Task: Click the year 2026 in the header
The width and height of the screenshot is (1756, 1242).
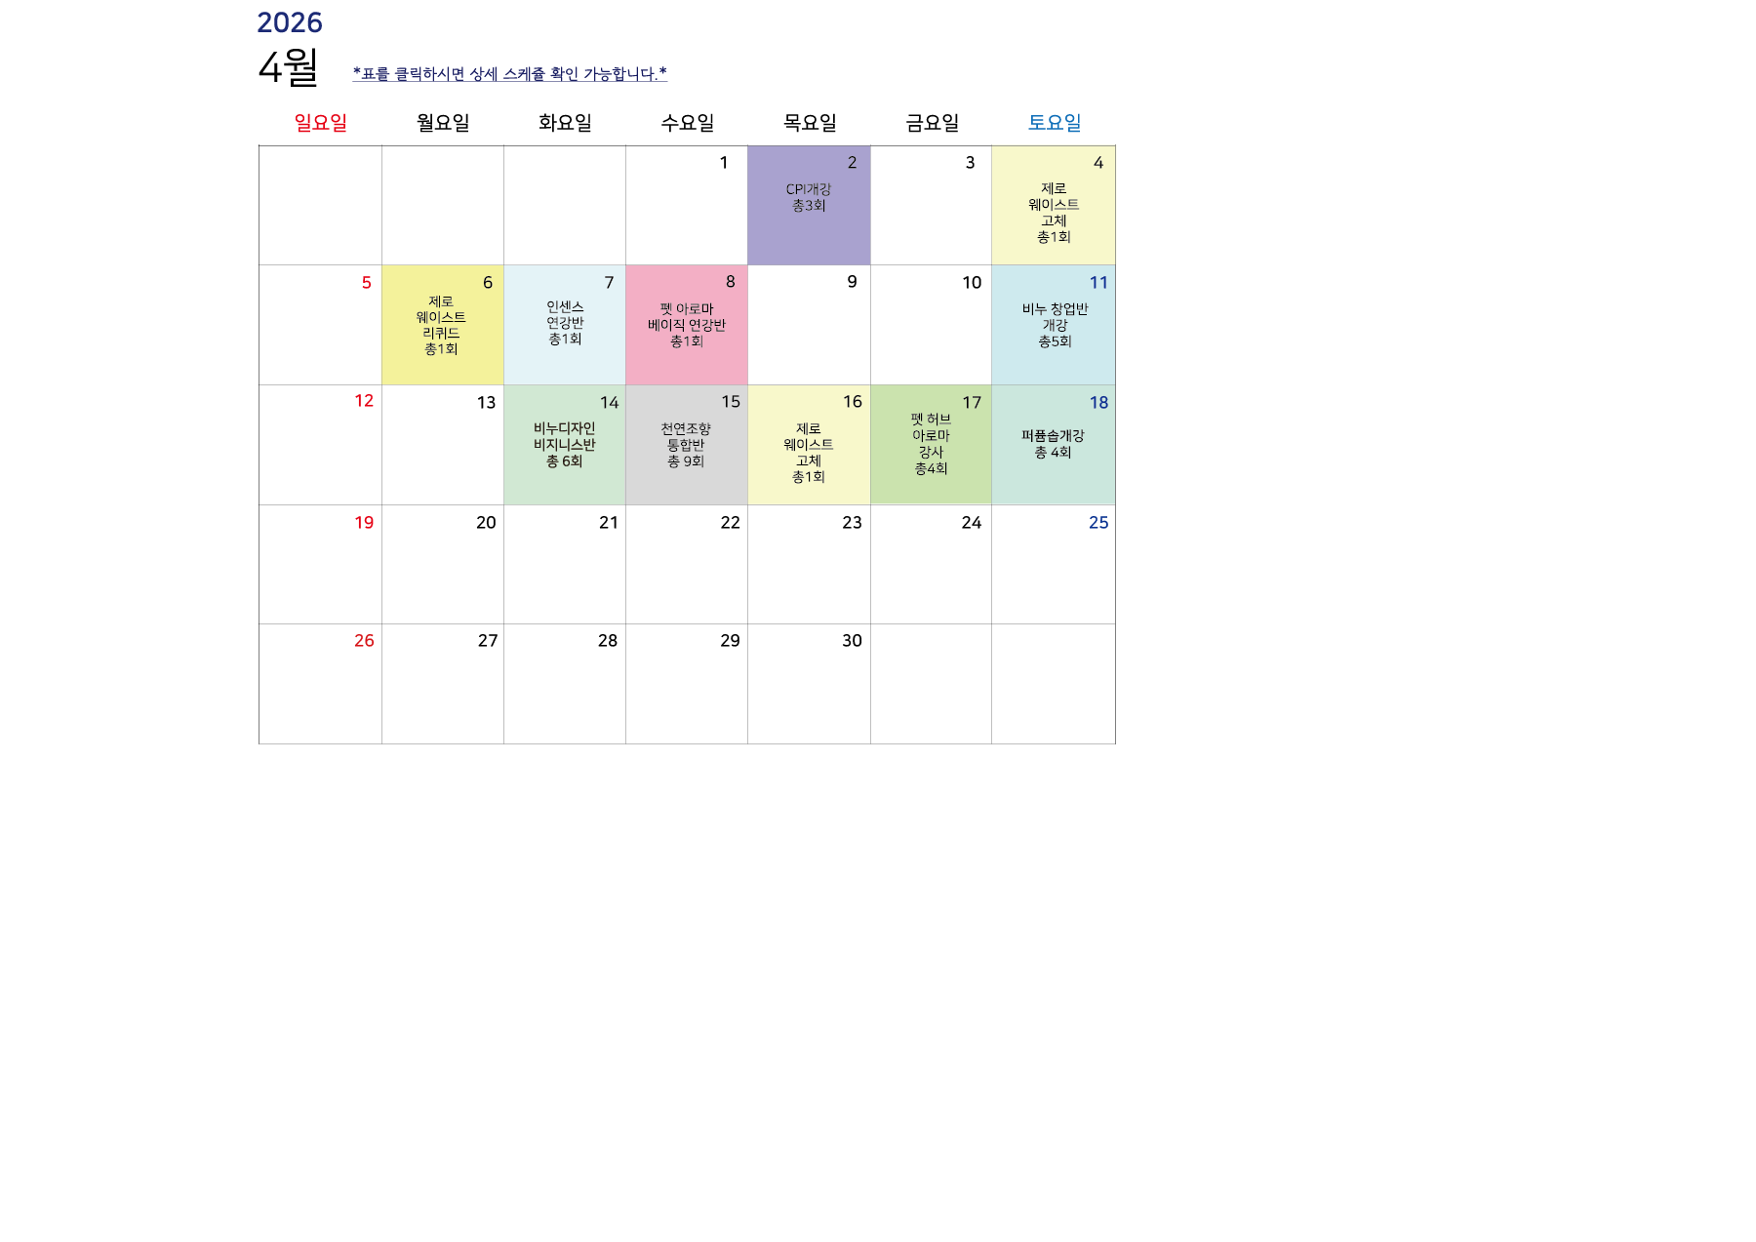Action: coord(289,22)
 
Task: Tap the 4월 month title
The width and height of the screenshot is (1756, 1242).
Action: coord(288,67)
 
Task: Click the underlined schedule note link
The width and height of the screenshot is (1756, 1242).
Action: coord(509,74)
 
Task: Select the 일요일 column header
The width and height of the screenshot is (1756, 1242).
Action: coord(320,123)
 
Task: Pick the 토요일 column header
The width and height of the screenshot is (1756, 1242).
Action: coord(1054,123)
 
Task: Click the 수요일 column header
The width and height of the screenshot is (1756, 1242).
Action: coord(687,123)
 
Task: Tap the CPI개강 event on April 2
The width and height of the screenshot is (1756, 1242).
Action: coord(809,198)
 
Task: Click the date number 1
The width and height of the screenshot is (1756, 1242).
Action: coord(724,163)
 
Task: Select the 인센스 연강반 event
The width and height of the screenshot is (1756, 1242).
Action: coord(565,323)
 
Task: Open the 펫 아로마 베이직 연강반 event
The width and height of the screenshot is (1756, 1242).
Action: coord(687,325)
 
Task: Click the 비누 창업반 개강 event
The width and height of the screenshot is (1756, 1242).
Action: coord(1055,325)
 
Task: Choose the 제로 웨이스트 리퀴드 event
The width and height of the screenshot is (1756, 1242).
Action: coord(441,326)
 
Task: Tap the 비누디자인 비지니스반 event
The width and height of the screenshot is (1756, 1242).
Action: coord(564,445)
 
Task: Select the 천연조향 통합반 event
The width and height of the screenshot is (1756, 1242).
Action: coord(686,445)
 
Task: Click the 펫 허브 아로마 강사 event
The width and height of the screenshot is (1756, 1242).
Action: coord(931,444)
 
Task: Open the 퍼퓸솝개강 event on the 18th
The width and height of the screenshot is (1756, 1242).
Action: coord(1053,444)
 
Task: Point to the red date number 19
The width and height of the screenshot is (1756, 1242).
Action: coord(364,523)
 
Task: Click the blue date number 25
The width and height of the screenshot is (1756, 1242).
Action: coord(1098,523)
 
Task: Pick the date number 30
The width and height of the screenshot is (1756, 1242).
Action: coord(852,641)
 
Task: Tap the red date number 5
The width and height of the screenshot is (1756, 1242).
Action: coord(367,283)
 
